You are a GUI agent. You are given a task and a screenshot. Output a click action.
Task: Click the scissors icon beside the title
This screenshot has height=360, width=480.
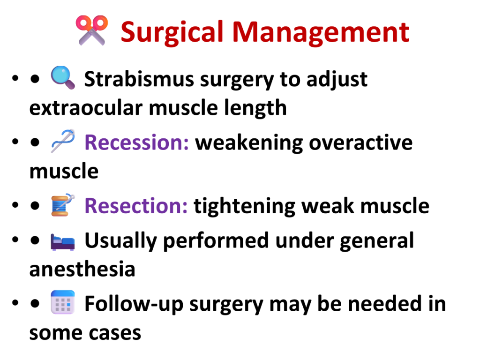point(92,30)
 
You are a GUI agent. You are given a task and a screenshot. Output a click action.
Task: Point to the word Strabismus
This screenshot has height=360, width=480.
point(139,79)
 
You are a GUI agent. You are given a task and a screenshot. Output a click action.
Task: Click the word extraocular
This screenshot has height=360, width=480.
point(86,108)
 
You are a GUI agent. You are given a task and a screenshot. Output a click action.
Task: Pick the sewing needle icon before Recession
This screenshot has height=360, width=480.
point(63,141)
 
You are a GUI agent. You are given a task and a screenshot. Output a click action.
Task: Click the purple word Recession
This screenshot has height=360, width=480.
point(136,142)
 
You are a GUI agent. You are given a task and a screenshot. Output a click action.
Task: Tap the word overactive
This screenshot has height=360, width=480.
point(360,142)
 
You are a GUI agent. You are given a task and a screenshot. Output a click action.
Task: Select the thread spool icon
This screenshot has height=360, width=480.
point(63,205)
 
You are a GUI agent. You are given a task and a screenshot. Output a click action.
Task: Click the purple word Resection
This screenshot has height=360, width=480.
point(136,206)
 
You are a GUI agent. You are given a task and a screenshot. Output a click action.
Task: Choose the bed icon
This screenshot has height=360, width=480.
point(62,242)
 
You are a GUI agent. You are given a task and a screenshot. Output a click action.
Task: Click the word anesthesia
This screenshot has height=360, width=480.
point(82,270)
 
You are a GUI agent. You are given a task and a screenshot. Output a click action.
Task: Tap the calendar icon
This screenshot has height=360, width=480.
point(63,302)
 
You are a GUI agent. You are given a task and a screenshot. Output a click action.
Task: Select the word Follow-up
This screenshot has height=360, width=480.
point(134,304)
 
